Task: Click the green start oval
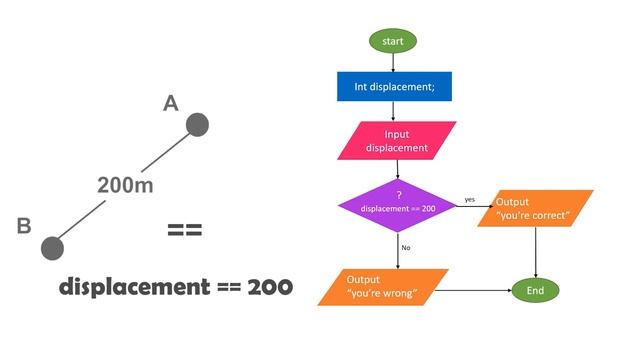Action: [x=393, y=41]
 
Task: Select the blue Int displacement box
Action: [x=393, y=87]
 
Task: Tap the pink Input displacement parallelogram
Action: [x=397, y=141]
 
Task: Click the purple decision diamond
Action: [x=398, y=203]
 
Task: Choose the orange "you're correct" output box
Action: [x=535, y=208]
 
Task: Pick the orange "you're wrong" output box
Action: [x=381, y=285]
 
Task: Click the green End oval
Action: [x=535, y=290]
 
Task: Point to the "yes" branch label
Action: [x=469, y=200]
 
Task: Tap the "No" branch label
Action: [x=406, y=247]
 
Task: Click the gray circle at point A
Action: [x=198, y=124]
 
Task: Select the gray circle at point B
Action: [x=52, y=247]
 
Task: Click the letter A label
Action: [x=170, y=102]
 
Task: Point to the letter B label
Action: [x=24, y=227]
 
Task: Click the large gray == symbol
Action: [x=185, y=230]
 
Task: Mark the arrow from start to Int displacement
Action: [x=393, y=62]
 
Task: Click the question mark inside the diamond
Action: [x=398, y=194]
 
